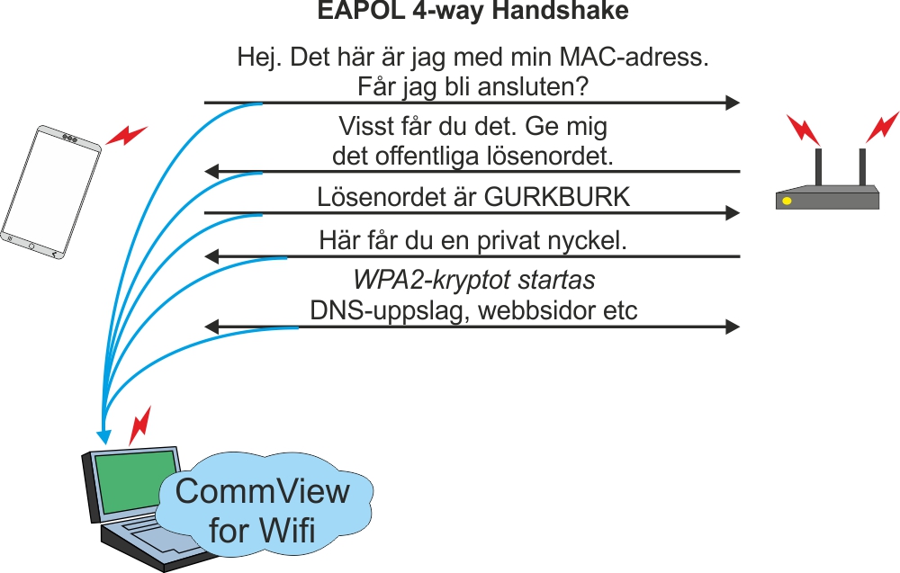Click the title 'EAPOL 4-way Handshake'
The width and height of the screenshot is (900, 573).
pos(472,13)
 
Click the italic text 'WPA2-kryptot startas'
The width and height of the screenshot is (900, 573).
pos(473,281)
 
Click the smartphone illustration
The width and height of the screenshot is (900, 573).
pos(50,192)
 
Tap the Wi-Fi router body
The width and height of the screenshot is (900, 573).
pos(827,198)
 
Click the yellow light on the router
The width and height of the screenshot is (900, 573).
pos(787,200)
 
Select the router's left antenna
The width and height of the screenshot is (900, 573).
pos(819,166)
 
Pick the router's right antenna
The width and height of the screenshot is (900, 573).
pos(861,166)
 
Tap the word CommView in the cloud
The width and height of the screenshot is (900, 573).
pos(262,492)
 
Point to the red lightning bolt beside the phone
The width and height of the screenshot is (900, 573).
pos(127,136)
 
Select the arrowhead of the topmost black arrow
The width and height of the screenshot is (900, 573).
pos(733,103)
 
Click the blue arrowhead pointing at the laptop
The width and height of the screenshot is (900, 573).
pos(103,437)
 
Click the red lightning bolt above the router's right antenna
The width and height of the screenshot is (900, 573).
pos(882,125)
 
